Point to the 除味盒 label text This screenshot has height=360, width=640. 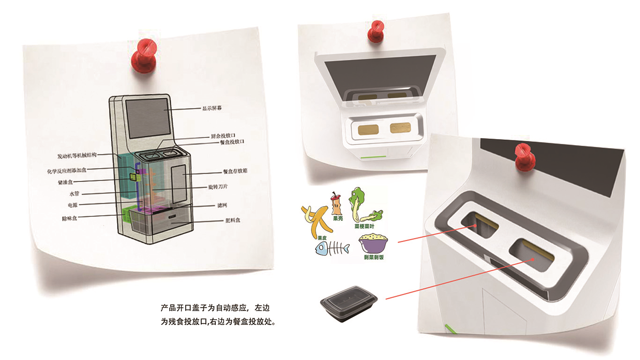pyautogui.click(x=69, y=219)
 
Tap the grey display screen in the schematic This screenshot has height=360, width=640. pyautogui.click(x=146, y=118)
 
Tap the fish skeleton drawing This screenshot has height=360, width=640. pyautogui.click(x=331, y=249)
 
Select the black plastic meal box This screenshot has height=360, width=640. pyautogui.click(x=349, y=301)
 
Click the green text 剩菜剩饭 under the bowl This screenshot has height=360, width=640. pyautogui.click(x=373, y=257)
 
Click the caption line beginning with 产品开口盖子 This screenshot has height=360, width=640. pyautogui.click(x=218, y=307)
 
